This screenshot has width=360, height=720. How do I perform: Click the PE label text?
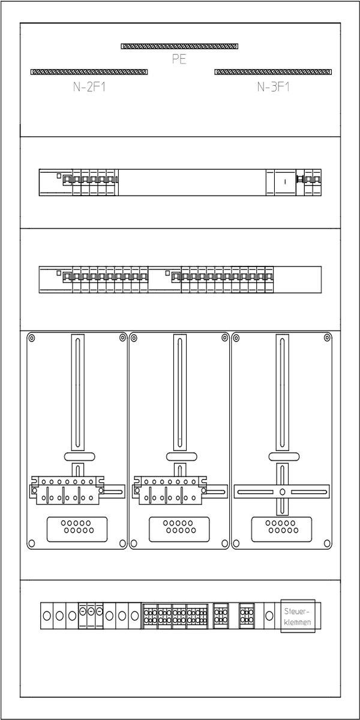pyautogui.click(x=179, y=59)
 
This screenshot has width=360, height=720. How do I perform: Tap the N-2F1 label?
pyautogui.click(x=89, y=87)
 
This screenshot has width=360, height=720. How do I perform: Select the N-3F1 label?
pyautogui.click(x=273, y=87)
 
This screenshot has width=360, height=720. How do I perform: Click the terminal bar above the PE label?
pyautogui.click(x=179, y=46)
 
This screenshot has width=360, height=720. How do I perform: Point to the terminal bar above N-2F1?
pyautogui.click(x=89, y=72)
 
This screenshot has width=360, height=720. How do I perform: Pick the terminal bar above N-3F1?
pyautogui.click(x=273, y=72)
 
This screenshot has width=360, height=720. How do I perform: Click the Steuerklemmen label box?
pyautogui.click(x=298, y=616)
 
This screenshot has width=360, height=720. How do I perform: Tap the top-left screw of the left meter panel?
pyautogui.click(x=31, y=338)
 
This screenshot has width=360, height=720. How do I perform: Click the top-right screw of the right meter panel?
pyautogui.click(x=328, y=337)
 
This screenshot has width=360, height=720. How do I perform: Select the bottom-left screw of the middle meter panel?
pyautogui.click(x=134, y=544)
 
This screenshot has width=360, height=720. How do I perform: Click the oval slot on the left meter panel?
pyautogui.click(x=79, y=457)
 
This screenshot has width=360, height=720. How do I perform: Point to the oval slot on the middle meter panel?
pyautogui.click(x=182, y=457)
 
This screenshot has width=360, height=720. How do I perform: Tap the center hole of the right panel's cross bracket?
pyautogui.click(x=282, y=492)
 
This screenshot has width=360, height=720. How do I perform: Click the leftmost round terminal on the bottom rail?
pyautogui.click(x=47, y=616)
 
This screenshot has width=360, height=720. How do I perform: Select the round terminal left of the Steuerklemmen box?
pyautogui.click(x=269, y=616)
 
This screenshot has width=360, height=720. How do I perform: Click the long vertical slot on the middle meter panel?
pyautogui.click(x=180, y=392)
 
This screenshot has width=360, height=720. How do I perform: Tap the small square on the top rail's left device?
pyautogui.click(x=59, y=176)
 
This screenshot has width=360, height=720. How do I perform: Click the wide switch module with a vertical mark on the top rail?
pyautogui.click(x=285, y=182)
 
